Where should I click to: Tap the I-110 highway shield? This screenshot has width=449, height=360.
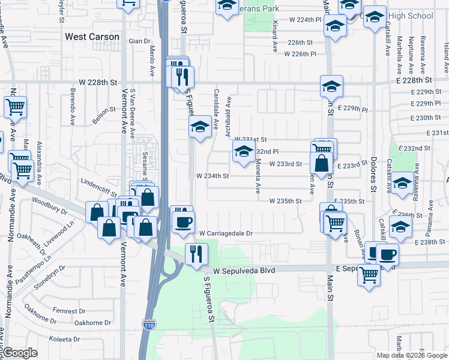coord(149,325)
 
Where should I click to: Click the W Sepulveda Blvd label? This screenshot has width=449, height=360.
coord(243,271)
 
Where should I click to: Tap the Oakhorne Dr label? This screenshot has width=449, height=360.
coord(92,323)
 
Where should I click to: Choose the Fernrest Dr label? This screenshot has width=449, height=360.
coord(65,311)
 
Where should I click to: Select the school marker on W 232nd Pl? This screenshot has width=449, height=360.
coord(243,153)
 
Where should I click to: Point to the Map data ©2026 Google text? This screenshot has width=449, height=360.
coord(411,355)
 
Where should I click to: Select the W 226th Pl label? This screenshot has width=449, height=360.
coord(300,54)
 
